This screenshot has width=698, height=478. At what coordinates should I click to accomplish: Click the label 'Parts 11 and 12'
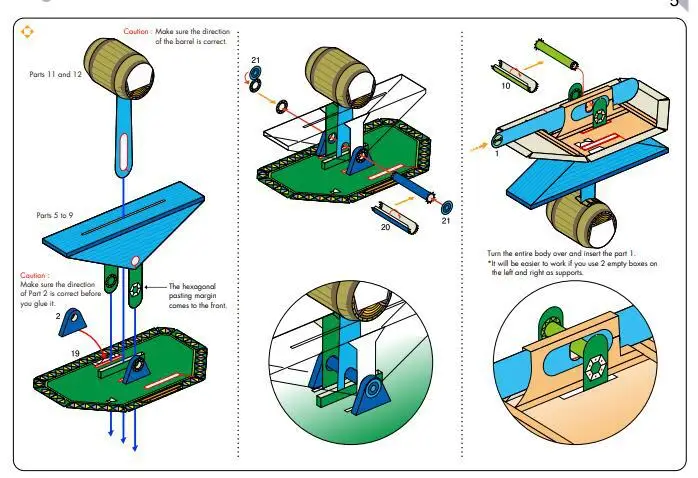(56, 75)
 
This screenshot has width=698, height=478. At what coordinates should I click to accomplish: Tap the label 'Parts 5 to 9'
(55, 215)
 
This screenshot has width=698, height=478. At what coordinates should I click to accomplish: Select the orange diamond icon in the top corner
(27, 31)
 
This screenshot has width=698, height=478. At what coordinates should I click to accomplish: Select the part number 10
(506, 86)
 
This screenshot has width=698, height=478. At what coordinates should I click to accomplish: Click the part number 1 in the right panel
(496, 153)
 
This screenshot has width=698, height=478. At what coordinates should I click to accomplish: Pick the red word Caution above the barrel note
(137, 32)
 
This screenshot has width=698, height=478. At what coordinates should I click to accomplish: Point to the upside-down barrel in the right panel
(579, 218)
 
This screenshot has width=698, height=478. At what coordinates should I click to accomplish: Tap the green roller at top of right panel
(557, 49)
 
